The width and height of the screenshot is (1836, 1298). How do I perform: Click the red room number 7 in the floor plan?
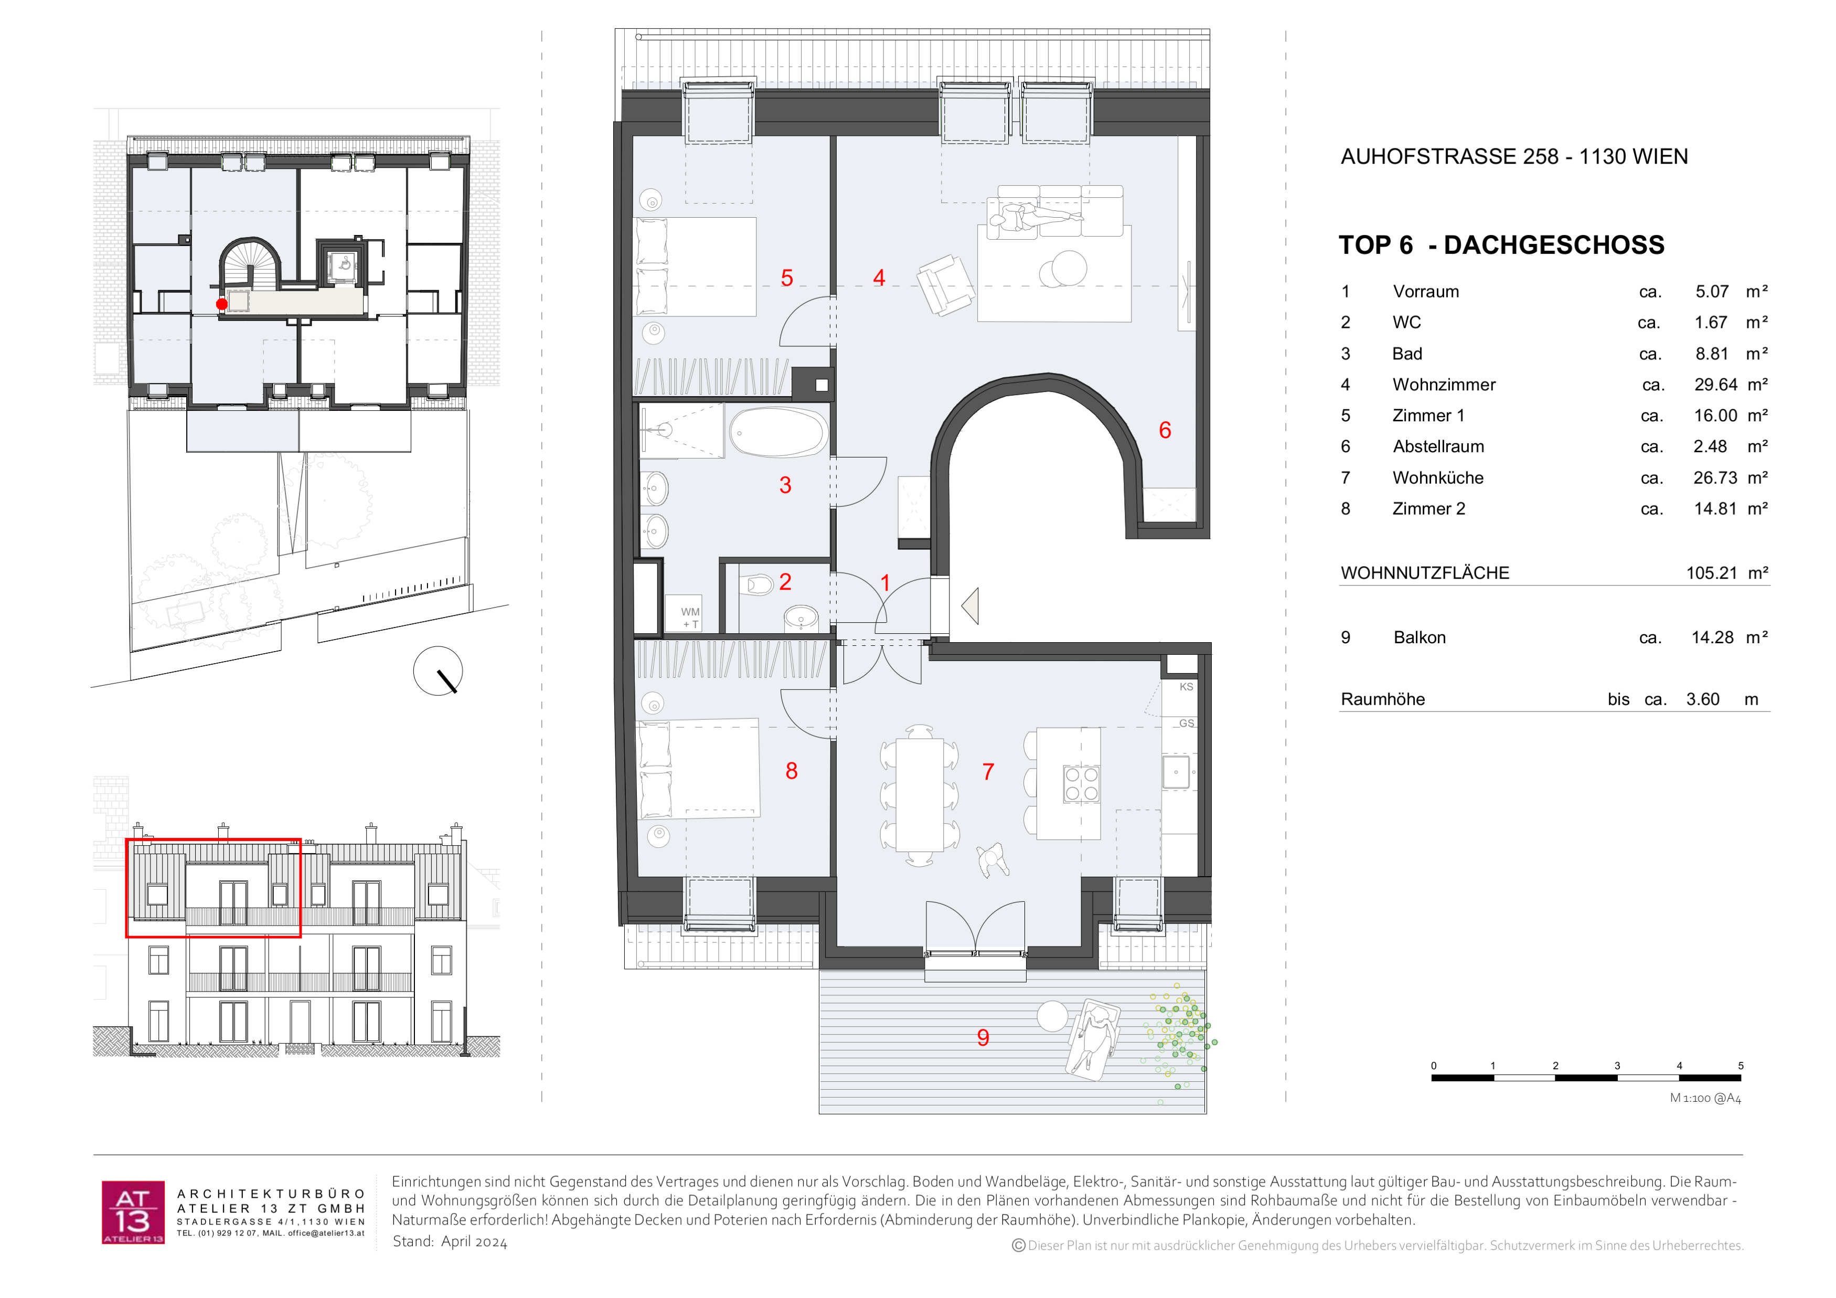click(x=988, y=772)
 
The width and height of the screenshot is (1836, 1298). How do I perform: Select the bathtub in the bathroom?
click(x=778, y=432)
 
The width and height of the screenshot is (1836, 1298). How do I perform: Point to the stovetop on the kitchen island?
click(x=1081, y=784)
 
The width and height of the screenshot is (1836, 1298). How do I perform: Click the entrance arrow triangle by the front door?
click(x=970, y=605)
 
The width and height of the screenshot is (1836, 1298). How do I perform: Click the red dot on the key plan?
click(x=221, y=304)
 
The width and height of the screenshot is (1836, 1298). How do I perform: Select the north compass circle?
click(x=437, y=671)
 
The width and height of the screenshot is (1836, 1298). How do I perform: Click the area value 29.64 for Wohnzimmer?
click(x=1715, y=385)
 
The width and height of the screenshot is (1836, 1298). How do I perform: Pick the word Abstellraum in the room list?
click(x=1438, y=446)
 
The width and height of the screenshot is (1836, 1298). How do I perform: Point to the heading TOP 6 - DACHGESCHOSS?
click(x=1501, y=244)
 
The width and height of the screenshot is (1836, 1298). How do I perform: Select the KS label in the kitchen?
click(x=1186, y=687)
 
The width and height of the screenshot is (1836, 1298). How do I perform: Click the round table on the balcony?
click(x=1052, y=1016)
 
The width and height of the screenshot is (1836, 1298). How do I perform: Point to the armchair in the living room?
click(x=945, y=285)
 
